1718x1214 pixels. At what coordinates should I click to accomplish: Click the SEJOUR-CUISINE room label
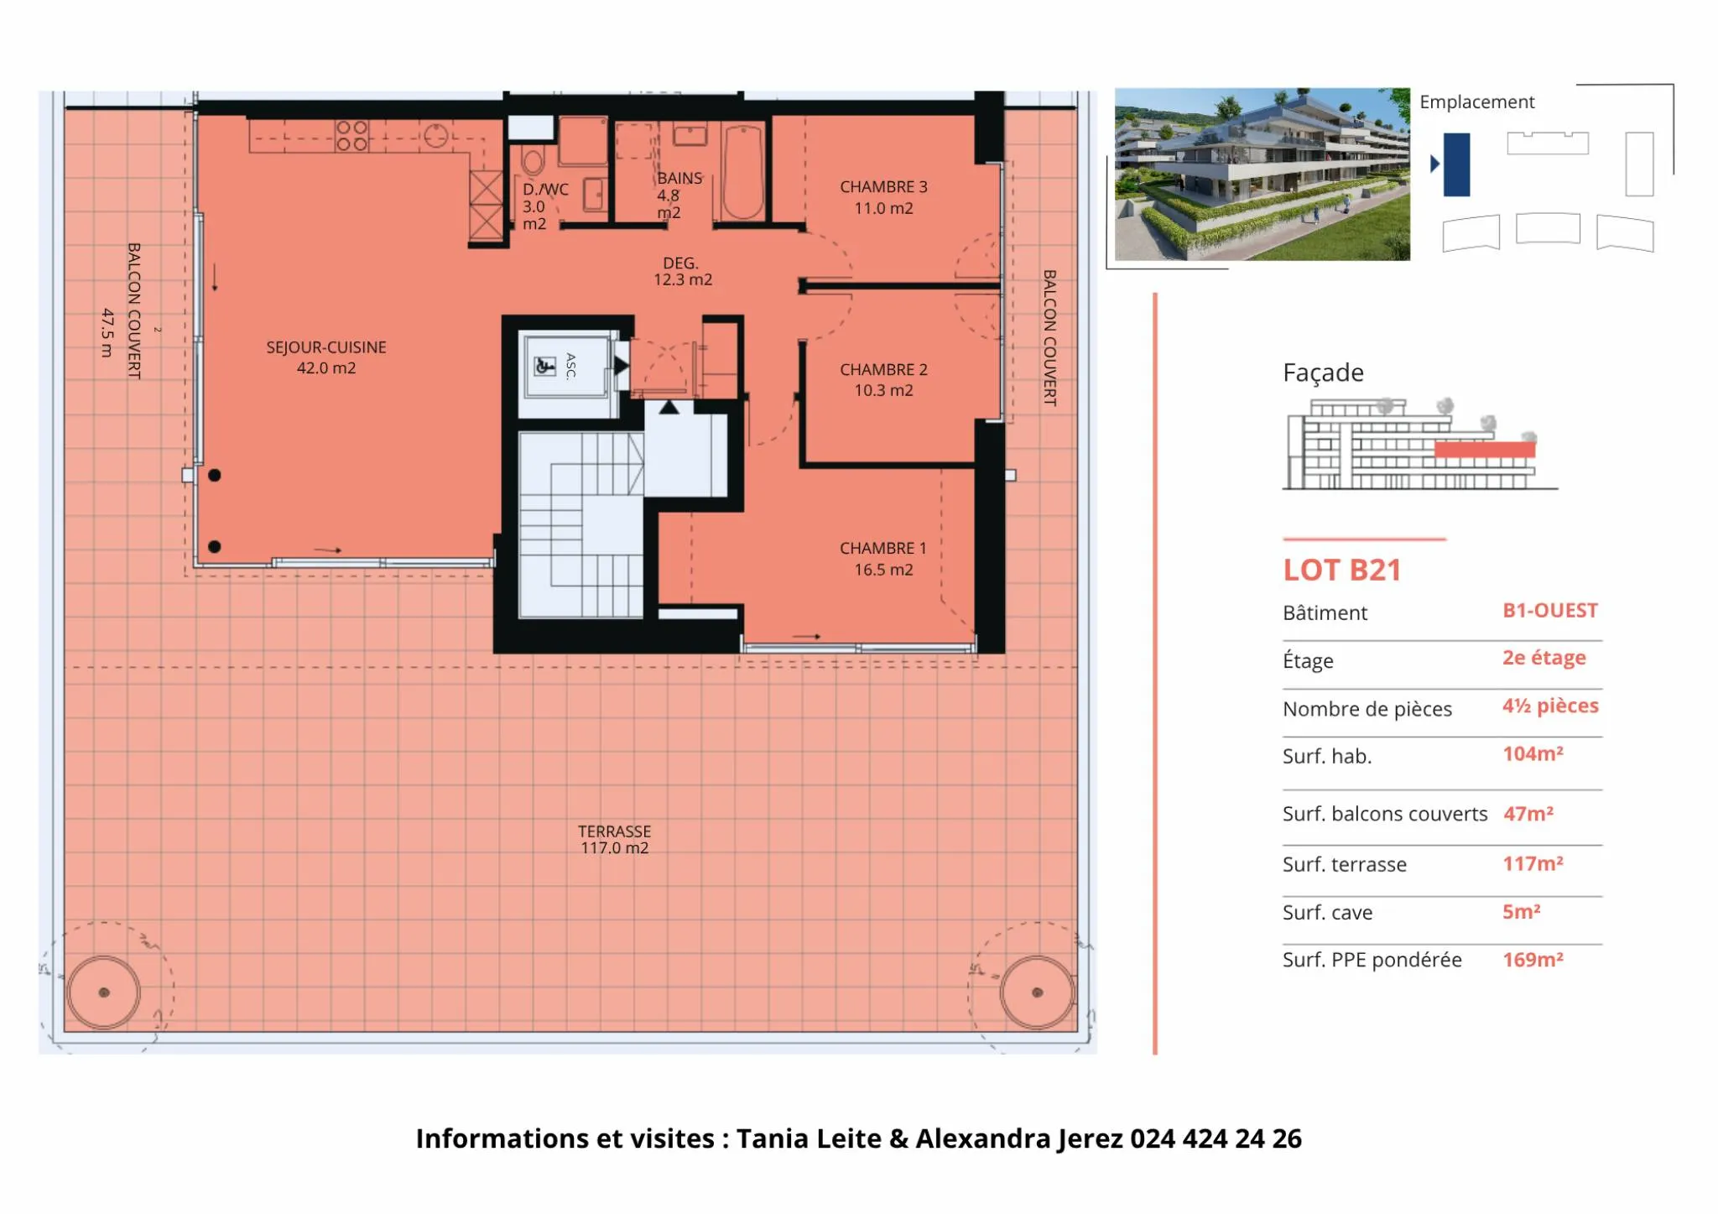point(326,357)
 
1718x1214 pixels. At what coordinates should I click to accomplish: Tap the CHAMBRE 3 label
point(883,197)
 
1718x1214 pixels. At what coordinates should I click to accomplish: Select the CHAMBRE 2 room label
point(883,380)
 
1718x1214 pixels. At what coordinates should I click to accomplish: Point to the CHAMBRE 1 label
point(883,559)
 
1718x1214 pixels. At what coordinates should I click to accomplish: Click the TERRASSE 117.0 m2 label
point(614,839)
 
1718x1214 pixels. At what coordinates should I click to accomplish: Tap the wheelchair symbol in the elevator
point(545,366)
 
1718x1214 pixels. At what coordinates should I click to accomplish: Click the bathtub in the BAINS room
point(743,172)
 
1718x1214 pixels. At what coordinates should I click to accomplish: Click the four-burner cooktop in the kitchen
point(351,136)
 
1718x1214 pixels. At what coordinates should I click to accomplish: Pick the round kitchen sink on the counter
point(435,135)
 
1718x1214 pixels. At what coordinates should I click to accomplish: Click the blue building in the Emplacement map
point(1456,164)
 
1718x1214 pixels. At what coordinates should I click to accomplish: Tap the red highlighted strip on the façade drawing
point(1485,450)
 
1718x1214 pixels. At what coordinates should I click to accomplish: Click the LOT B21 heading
point(1342,571)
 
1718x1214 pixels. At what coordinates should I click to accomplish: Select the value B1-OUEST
point(1550,611)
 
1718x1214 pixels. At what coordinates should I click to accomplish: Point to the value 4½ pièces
point(1550,706)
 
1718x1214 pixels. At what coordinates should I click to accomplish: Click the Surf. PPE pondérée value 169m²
point(1533,960)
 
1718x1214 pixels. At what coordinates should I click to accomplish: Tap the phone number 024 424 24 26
point(1216,1138)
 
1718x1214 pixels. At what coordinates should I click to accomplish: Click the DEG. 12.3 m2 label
point(683,271)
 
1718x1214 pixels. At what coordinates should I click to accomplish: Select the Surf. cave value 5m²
point(1521,912)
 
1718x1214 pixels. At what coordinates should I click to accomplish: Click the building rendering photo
point(1262,175)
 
